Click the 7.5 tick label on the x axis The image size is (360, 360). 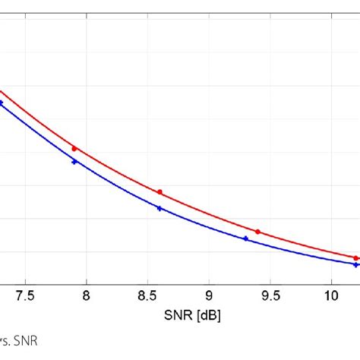pos(25,295)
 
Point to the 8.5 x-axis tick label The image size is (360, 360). pos(147,295)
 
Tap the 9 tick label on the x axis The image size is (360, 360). pos(209,295)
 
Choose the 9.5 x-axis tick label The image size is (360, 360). pos(270,295)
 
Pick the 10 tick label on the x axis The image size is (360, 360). pos(332,295)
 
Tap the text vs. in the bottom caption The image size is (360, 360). pos(5,341)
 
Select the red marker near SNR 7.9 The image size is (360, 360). pos(74,148)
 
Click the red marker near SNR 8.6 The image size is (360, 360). pos(159,192)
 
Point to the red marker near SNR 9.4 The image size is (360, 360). pos(258,232)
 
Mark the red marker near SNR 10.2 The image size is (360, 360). pos(356,258)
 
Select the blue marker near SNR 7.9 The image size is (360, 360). pos(74,162)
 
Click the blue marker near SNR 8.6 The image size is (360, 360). pos(159,208)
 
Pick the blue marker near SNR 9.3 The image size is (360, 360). pos(245,238)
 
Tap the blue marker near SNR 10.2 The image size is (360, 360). pos(356,264)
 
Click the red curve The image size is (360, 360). pos(114,169)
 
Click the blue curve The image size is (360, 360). pos(114,185)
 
